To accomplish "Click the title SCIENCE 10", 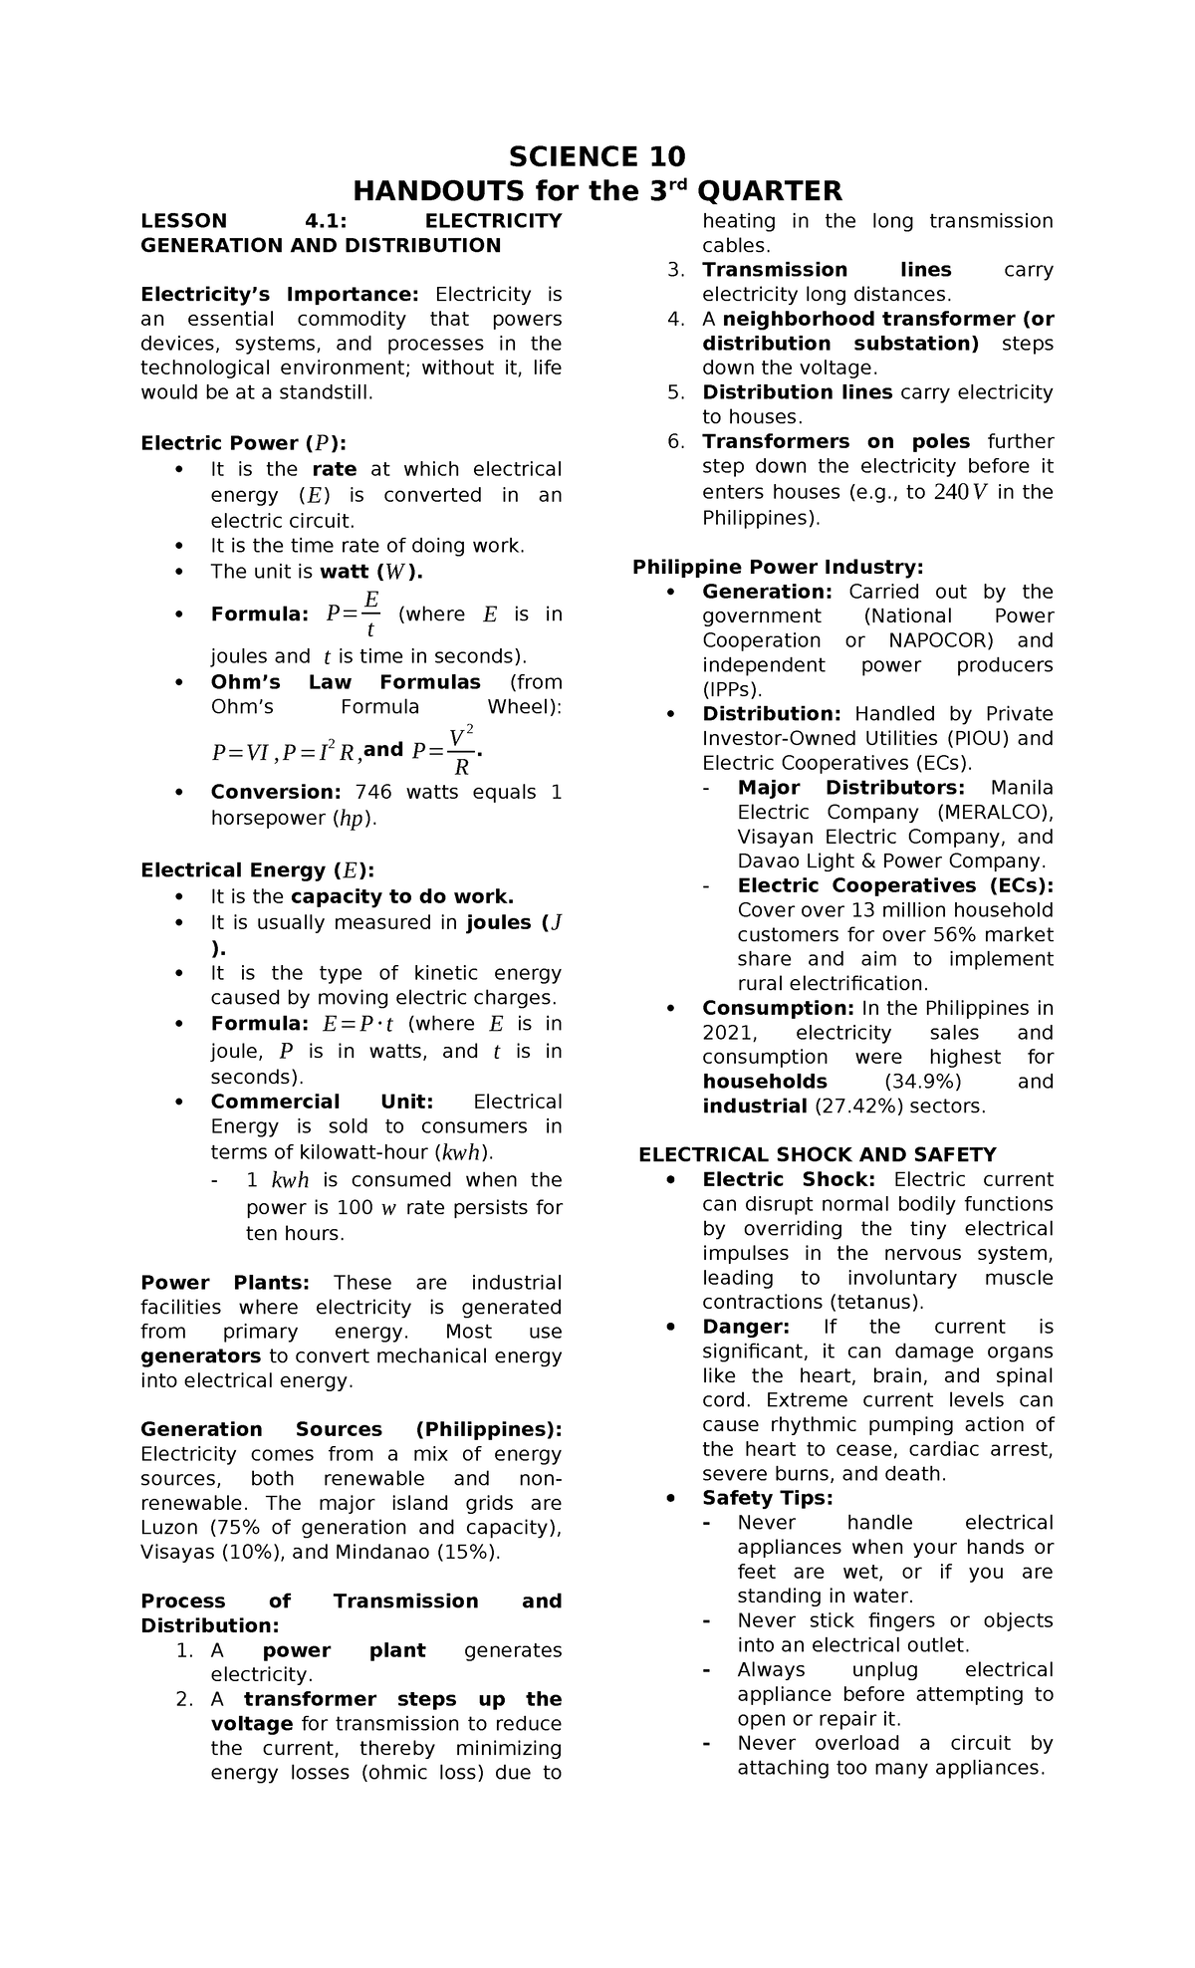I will pyautogui.click(x=597, y=157).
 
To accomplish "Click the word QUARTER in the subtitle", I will pyautogui.click(x=769, y=190).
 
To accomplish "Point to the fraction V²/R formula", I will pyautogui.click(x=445, y=751).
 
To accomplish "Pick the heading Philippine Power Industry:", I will pyautogui.click(x=778, y=567).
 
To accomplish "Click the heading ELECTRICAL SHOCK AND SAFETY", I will pyautogui.click(x=817, y=1154).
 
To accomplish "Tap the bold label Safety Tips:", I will pyautogui.click(x=767, y=1498).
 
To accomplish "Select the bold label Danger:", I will pyautogui.click(x=746, y=1327).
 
